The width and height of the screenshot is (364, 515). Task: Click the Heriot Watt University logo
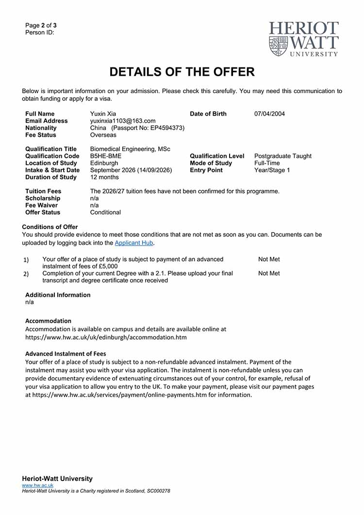304,39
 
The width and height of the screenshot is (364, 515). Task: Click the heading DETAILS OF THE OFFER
182,72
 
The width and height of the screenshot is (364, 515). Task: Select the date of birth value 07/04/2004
269,114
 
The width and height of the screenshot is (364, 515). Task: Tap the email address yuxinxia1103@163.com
123,121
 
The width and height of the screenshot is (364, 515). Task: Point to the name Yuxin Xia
103,114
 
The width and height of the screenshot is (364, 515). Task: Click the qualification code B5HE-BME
106,156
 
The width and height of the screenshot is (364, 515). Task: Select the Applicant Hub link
133,243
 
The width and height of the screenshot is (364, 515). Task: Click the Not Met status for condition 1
269,260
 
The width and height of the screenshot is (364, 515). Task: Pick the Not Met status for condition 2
269,274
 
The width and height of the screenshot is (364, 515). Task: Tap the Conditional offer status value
106,213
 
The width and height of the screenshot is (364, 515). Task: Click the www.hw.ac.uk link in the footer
38,485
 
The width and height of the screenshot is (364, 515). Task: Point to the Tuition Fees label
43,191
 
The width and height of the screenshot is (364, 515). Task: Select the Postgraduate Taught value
283,156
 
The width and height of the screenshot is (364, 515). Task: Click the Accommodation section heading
48,321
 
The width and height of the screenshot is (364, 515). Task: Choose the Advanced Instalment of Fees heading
66,354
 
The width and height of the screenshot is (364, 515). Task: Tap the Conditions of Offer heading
50,227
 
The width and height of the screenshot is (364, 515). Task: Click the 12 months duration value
104,177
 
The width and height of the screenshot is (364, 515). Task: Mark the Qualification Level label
217,156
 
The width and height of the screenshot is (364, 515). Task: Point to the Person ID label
40,33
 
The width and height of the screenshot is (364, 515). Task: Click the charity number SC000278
158,491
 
